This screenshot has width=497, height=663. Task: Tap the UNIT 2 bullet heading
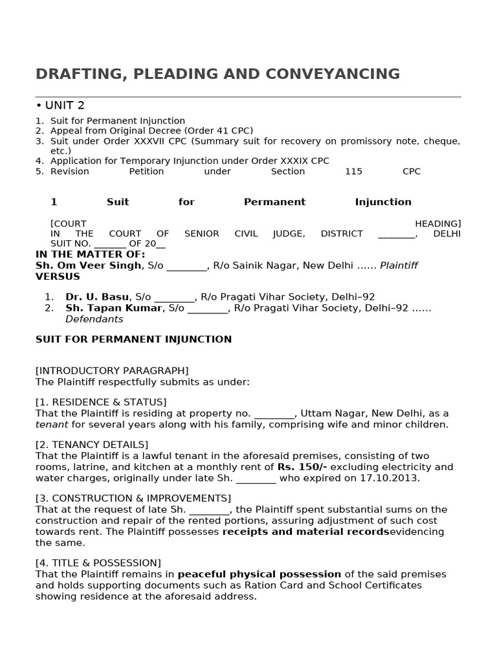pos(64,106)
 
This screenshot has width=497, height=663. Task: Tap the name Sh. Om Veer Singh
pos(88,265)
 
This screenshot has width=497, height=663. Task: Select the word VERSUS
pos(58,276)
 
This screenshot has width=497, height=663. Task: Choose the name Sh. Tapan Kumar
pos(113,308)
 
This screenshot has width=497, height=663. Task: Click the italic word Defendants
pos(94,319)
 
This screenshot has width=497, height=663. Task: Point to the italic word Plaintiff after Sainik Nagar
pos(399,265)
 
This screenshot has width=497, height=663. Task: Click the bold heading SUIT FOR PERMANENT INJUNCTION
pos(133,339)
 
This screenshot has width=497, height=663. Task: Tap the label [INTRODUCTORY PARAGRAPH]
pos(112,371)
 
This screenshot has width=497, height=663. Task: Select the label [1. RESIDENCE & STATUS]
pos(101,402)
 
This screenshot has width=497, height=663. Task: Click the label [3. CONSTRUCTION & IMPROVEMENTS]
pos(133,498)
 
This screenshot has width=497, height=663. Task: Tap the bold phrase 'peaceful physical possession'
pos(259,574)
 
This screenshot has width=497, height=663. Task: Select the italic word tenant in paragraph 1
pos(51,425)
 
